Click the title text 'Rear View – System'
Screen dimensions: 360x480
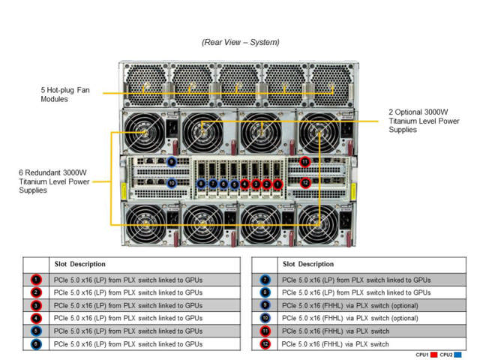point(240,42)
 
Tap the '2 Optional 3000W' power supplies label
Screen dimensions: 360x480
point(421,120)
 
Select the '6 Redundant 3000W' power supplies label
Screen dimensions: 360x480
point(51,181)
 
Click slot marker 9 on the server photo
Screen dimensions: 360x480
point(172,161)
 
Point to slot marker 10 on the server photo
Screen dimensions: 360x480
point(172,182)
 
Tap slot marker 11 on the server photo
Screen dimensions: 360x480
point(304,161)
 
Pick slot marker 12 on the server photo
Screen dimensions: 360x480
point(304,182)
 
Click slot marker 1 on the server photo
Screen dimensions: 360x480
point(277,184)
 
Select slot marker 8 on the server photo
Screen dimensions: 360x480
point(201,184)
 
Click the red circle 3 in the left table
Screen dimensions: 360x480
point(36,305)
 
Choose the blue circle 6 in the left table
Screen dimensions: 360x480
point(36,343)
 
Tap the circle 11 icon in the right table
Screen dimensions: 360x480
point(265,331)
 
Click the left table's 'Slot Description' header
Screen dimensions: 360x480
point(79,264)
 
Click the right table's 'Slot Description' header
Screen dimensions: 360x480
point(308,264)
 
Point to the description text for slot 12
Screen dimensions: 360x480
point(334,343)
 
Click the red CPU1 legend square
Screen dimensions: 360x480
point(433,355)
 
